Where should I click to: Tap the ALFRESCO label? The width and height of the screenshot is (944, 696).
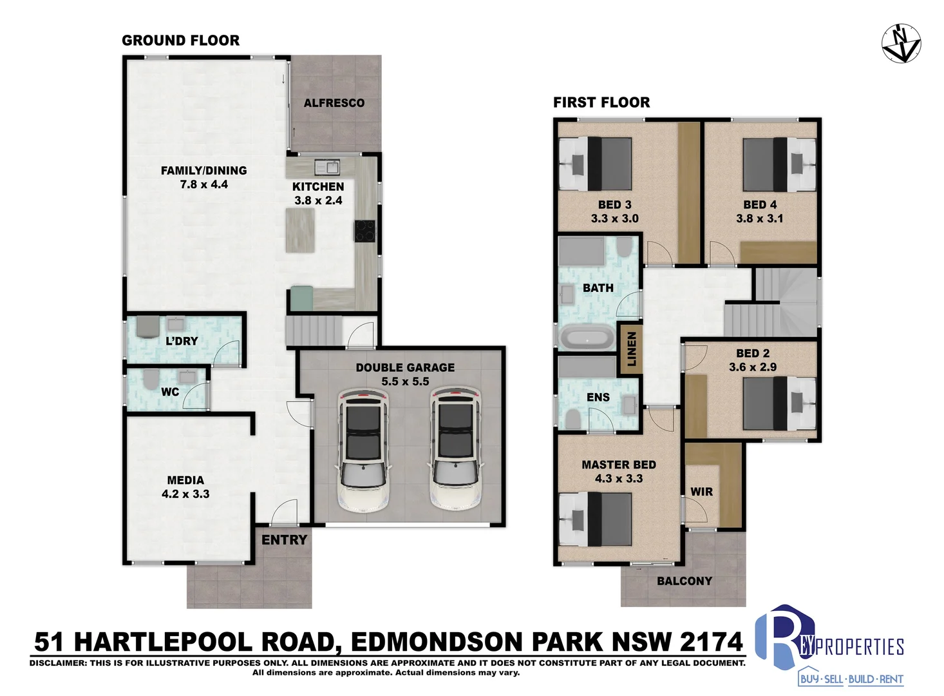(334, 103)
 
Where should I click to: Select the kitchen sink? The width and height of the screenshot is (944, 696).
(327, 168)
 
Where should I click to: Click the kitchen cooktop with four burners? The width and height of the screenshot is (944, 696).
(365, 231)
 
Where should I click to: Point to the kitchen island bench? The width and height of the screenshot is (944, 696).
(300, 230)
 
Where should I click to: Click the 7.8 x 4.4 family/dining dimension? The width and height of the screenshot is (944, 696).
(204, 184)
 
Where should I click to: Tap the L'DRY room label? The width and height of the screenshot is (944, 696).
(182, 341)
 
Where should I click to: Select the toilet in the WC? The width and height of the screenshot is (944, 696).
(149, 379)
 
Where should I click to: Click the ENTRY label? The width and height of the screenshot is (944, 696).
(284, 540)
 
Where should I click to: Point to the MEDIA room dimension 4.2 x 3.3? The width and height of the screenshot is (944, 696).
(185, 494)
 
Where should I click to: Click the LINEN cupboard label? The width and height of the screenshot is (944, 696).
(631, 349)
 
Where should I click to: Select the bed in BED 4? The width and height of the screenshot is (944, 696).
(779, 164)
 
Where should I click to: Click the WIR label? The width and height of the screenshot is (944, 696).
(702, 492)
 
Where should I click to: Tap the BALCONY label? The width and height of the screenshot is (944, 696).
(684, 581)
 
